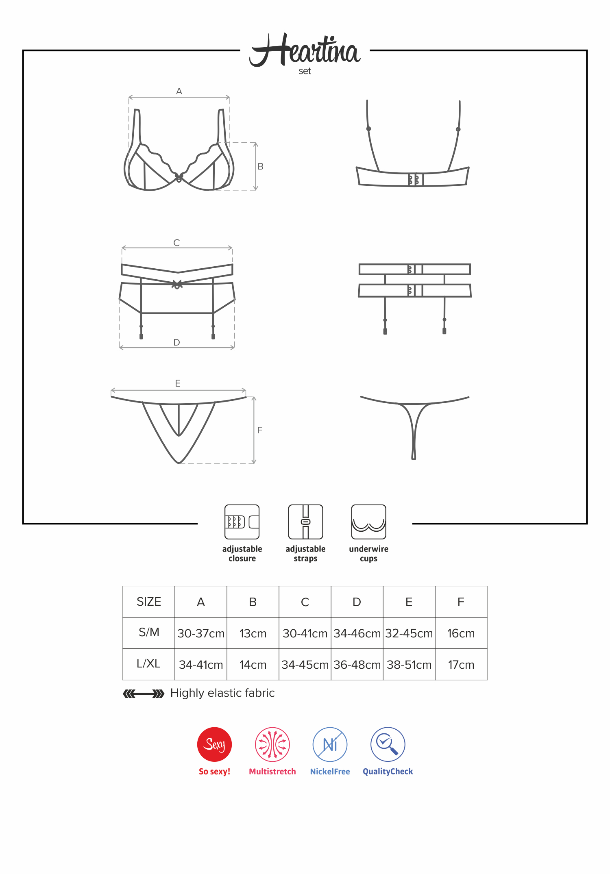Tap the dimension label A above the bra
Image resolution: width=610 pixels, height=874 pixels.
(x=179, y=91)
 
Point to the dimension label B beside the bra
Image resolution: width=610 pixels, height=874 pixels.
(x=261, y=166)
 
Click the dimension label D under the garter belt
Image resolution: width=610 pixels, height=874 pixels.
(x=176, y=342)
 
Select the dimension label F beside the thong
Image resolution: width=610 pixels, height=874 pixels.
(x=260, y=430)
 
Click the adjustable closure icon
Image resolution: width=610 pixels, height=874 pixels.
(x=242, y=522)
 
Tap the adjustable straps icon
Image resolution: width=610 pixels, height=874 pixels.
(x=305, y=522)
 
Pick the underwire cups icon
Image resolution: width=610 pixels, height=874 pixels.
(x=369, y=522)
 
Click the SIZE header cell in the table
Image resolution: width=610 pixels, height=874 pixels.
(x=149, y=602)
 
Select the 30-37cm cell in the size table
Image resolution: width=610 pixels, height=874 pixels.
(x=201, y=633)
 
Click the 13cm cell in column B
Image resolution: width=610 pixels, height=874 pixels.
(x=253, y=633)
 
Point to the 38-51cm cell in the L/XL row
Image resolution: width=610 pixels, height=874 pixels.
(x=409, y=665)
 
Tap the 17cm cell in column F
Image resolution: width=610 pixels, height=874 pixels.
(x=461, y=665)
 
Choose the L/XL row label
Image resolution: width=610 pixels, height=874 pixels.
(x=149, y=664)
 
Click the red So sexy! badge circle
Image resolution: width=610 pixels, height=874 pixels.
(x=214, y=744)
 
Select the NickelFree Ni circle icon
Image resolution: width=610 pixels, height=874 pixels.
(x=330, y=744)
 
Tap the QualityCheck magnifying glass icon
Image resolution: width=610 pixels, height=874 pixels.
(x=388, y=744)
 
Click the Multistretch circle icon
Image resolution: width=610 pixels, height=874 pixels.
(x=272, y=744)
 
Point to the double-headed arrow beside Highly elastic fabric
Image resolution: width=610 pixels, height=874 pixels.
(x=144, y=694)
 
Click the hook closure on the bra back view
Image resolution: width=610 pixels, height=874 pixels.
(x=416, y=180)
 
